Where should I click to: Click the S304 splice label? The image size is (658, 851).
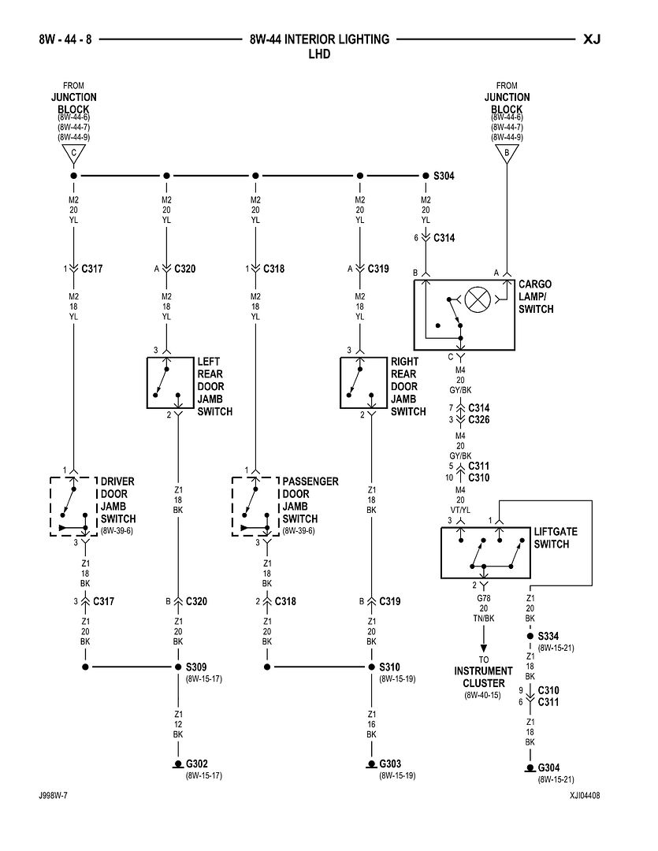[444, 176]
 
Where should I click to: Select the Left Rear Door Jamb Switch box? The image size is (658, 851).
[169, 382]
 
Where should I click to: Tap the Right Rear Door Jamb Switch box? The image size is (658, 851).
[362, 382]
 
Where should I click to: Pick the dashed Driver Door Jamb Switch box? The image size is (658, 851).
[73, 506]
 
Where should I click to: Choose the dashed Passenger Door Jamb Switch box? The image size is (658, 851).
[255, 506]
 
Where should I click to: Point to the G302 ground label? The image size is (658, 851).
[197, 764]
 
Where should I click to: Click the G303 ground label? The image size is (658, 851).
[391, 764]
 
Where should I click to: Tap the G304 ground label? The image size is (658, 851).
[548, 767]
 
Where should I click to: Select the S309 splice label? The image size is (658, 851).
[197, 667]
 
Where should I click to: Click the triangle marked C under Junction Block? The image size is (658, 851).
[73, 153]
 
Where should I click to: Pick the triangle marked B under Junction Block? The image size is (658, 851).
[506, 153]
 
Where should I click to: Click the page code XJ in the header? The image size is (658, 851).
[592, 39]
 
